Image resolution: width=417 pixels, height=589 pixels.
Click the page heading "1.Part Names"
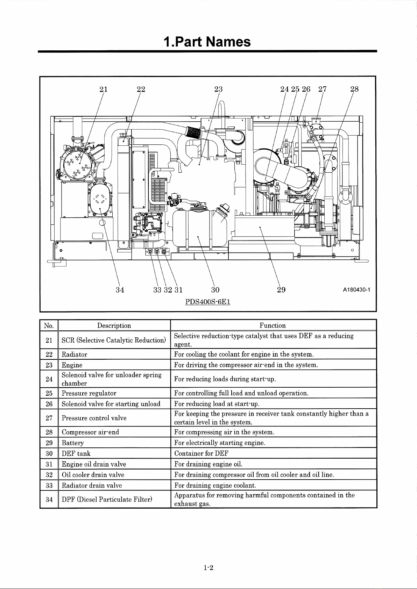[207, 42]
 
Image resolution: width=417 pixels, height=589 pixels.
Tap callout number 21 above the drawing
[104, 89]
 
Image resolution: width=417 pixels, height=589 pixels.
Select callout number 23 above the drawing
[218, 89]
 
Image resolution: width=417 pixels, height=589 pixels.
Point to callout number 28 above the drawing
[354, 89]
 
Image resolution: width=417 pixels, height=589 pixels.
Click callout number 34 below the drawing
[120, 290]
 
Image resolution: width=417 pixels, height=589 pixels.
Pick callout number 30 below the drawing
[215, 290]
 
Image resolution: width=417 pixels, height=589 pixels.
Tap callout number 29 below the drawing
[281, 290]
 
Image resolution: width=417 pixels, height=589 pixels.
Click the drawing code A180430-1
[356, 290]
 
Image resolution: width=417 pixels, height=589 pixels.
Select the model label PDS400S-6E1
[208, 302]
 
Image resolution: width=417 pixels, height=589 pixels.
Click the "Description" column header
[114, 325]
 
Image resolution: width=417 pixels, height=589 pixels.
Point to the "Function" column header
[273, 325]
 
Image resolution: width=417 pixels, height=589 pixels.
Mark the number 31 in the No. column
[49, 464]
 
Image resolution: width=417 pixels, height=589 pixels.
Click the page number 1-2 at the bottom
[208, 567]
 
